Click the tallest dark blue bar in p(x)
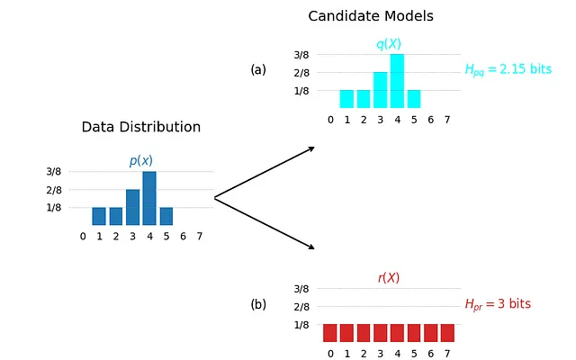tap(149, 198)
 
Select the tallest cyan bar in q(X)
tap(397, 81)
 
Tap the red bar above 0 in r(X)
tap(330, 333)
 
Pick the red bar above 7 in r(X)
tap(447, 333)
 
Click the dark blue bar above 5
tap(166, 216)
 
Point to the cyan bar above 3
tap(380, 90)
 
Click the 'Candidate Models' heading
tap(371, 16)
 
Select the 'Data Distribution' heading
tap(141, 127)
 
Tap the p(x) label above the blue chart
tap(141, 160)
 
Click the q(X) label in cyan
tap(389, 44)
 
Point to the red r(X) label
tap(389, 278)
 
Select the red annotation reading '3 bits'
tap(514, 304)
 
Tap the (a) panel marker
tap(258, 70)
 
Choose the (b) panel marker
tap(258, 304)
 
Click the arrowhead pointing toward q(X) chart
tap(311, 148)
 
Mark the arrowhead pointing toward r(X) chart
tap(311, 247)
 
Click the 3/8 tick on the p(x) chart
tap(54, 172)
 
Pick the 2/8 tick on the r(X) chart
tap(301, 307)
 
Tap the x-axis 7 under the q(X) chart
tap(447, 120)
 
